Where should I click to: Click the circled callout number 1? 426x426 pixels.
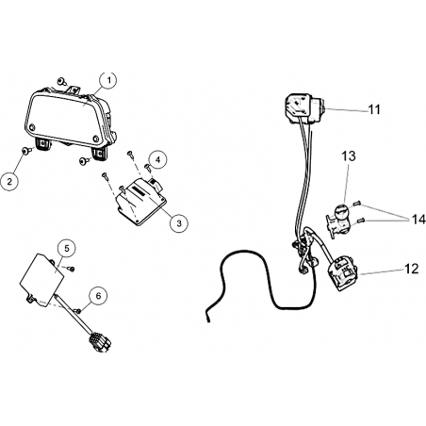(x=108, y=80)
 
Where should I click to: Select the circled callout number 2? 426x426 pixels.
(x=9, y=181)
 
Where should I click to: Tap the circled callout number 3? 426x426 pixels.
(x=179, y=223)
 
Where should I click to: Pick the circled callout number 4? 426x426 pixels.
(x=158, y=159)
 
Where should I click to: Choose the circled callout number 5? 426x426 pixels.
(x=67, y=249)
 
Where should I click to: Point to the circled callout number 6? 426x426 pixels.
(x=98, y=296)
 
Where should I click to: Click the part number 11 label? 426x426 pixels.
(x=374, y=109)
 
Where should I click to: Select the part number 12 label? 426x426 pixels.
(x=411, y=269)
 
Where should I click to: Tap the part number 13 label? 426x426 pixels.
(x=349, y=156)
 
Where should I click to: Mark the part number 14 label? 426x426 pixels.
(x=418, y=220)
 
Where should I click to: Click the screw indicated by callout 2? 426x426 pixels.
(x=25, y=151)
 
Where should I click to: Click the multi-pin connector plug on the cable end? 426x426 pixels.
(x=100, y=341)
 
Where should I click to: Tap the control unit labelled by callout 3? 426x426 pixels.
(x=140, y=202)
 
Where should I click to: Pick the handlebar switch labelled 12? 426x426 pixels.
(x=342, y=273)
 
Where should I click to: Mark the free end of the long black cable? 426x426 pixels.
(x=207, y=320)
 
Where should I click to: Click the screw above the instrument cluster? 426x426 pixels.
(x=62, y=82)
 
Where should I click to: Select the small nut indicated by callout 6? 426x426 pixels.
(x=77, y=310)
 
